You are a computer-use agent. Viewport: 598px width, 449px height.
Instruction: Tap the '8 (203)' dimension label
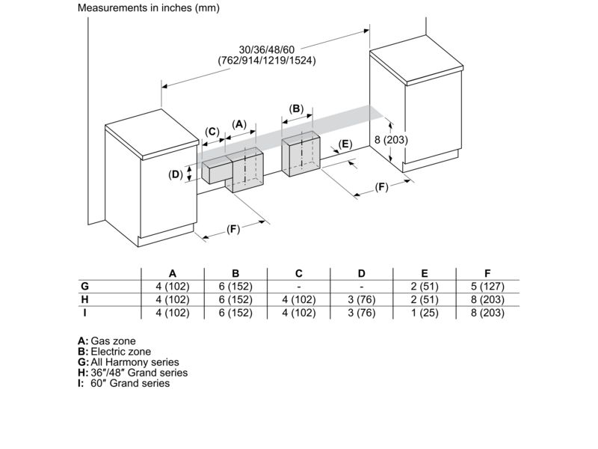point(390,139)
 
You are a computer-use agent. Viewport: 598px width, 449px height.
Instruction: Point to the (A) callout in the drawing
point(238,124)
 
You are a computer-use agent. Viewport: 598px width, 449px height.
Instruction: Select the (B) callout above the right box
point(296,109)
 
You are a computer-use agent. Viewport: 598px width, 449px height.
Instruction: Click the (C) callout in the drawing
point(212,132)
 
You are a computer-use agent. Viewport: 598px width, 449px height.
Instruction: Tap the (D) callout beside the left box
point(176,174)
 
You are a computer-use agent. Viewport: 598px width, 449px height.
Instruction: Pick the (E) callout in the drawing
point(345,144)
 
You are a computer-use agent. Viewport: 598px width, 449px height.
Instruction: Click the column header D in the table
point(361,273)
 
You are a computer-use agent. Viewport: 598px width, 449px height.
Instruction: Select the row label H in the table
point(84,299)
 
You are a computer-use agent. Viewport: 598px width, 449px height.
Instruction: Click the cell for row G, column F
point(487,287)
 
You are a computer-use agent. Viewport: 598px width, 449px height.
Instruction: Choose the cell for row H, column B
point(235,299)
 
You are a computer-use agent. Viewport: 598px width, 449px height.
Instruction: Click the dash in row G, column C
point(298,287)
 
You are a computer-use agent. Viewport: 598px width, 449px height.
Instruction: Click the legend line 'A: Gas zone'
point(107,340)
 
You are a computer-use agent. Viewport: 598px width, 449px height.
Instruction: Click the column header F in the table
point(487,273)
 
